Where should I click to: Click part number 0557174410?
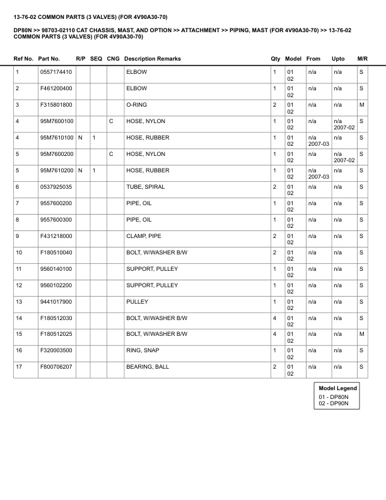56,72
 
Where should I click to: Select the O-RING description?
137,105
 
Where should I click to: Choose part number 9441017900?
56,302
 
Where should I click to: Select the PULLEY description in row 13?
137,302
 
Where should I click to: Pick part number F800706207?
56,367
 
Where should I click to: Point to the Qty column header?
276,59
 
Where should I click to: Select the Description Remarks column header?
153,59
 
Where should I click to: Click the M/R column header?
362,59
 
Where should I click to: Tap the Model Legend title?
338,388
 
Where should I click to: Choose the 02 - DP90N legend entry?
334,403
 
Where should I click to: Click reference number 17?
19,367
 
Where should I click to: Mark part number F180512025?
56,334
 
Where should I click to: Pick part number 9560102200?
56,285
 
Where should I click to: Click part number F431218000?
56,236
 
